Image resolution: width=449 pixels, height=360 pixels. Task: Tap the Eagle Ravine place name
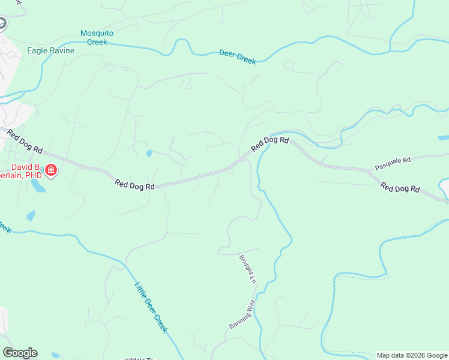(50, 51)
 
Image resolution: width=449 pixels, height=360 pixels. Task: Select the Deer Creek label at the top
(237, 57)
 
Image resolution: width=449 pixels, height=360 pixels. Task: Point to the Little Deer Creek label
(151, 308)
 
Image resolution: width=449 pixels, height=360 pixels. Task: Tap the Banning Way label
(243, 314)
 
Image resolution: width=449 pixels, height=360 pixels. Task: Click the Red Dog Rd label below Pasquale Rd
(400, 188)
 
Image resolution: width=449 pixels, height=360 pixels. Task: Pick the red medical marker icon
(52, 171)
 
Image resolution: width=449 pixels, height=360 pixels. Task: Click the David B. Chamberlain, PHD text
(24, 171)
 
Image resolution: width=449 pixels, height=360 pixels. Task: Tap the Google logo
(20, 353)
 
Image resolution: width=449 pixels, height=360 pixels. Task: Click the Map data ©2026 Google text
(412, 355)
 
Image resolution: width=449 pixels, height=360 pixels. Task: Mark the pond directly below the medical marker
(38, 187)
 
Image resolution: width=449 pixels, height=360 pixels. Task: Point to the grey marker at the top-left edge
(2, 24)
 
